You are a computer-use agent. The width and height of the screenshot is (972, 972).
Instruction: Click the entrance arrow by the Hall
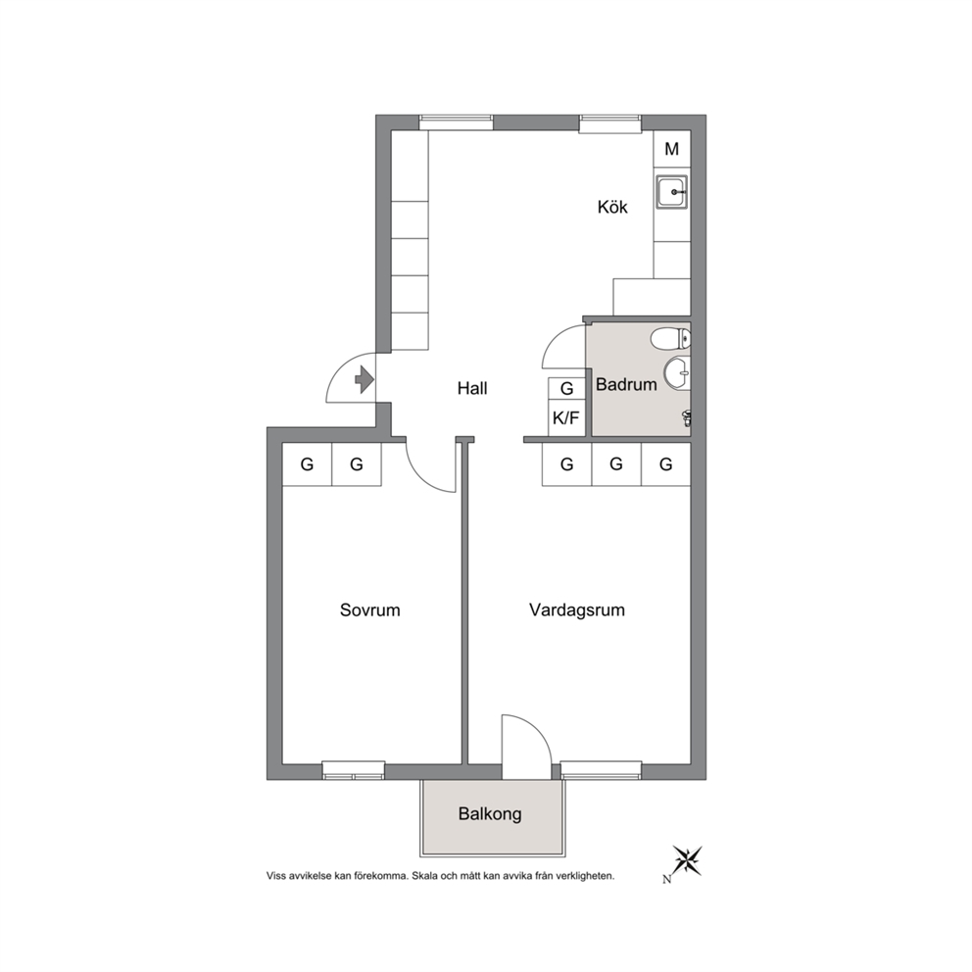click(x=364, y=379)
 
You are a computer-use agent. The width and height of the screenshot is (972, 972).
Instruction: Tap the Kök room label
click(x=612, y=207)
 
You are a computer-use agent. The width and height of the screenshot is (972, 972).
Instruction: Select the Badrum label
click(x=626, y=384)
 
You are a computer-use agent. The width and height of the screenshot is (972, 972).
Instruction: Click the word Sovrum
click(x=370, y=610)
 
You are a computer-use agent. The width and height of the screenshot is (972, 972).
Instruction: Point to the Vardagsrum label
click(x=577, y=610)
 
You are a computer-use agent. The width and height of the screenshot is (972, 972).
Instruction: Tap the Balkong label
click(x=490, y=814)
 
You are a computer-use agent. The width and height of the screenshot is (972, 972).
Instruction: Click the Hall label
click(x=472, y=389)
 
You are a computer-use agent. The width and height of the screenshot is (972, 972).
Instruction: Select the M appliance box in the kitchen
click(x=672, y=149)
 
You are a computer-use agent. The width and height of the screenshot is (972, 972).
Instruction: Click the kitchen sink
click(x=672, y=192)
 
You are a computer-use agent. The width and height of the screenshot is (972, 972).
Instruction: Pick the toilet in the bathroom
click(x=671, y=338)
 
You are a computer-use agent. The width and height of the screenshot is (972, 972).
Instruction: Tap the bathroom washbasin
click(x=677, y=373)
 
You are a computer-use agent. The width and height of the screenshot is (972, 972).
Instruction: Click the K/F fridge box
click(x=566, y=417)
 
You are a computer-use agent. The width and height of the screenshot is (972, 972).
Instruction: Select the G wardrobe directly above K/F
click(x=566, y=389)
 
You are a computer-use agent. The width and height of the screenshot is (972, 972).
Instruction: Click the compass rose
click(x=688, y=860)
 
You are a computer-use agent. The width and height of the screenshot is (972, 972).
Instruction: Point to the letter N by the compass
click(x=667, y=879)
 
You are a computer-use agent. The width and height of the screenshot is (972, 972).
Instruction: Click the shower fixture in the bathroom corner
click(x=686, y=418)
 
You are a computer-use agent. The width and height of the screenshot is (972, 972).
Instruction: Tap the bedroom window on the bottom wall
click(x=354, y=770)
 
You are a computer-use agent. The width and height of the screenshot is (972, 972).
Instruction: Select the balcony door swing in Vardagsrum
click(x=525, y=747)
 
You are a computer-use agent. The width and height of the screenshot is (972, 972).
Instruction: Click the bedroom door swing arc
click(x=428, y=466)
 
